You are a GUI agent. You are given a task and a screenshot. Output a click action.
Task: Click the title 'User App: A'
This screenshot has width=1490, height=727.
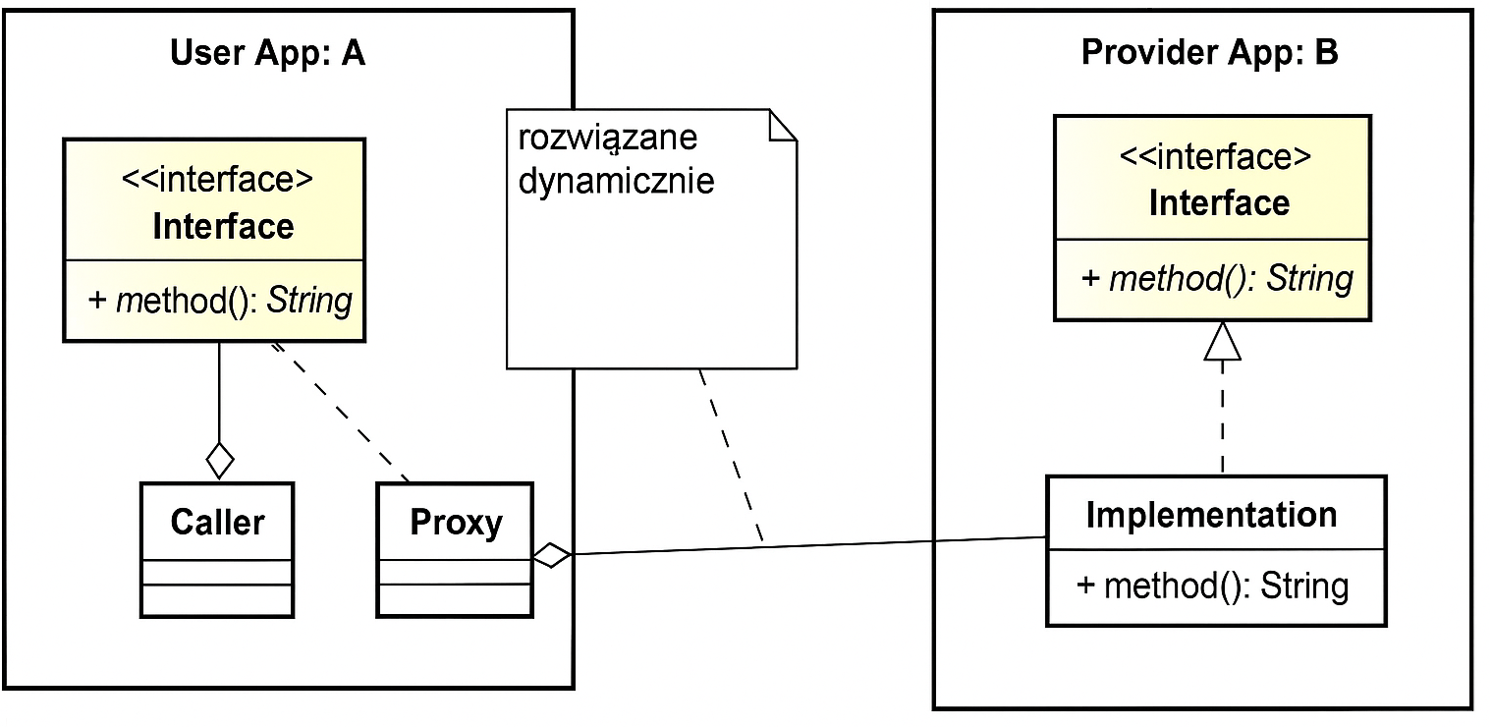click(267, 53)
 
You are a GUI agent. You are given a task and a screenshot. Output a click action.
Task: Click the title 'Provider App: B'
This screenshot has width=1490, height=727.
click(1209, 53)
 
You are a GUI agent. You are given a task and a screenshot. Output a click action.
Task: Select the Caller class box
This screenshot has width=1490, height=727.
click(217, 549)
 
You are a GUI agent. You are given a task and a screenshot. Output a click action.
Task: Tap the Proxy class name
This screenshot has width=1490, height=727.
click(456, 522)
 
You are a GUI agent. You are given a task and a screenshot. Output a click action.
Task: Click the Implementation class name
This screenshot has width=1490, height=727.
click(1211, 515)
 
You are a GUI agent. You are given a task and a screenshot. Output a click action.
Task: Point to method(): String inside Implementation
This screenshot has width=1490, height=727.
click(1213, 587)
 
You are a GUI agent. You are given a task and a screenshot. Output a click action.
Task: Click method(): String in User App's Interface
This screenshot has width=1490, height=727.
click(220, 300)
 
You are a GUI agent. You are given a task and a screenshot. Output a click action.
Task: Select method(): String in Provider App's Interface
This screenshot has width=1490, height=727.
click(1217, 279)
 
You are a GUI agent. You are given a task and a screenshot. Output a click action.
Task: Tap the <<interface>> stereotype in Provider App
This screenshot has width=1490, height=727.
click(1216, 157)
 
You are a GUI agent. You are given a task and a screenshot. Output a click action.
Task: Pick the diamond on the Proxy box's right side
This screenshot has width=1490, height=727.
click(552, 555)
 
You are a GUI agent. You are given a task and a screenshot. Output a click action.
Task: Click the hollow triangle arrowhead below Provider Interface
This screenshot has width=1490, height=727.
click(1222, 341)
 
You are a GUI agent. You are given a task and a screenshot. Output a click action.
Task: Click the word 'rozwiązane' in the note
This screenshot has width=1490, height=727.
click(607, 137)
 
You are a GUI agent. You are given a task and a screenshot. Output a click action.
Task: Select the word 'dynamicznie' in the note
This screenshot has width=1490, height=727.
click(616, 181)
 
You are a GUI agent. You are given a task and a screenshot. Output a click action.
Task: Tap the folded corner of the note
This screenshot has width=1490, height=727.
click(782, 126)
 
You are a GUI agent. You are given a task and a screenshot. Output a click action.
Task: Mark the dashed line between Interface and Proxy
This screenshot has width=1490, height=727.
click(339, 413)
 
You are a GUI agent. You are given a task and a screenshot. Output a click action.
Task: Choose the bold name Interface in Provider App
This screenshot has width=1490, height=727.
click(1219, 203)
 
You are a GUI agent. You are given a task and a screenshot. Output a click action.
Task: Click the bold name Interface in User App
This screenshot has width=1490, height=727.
click(223, 226)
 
